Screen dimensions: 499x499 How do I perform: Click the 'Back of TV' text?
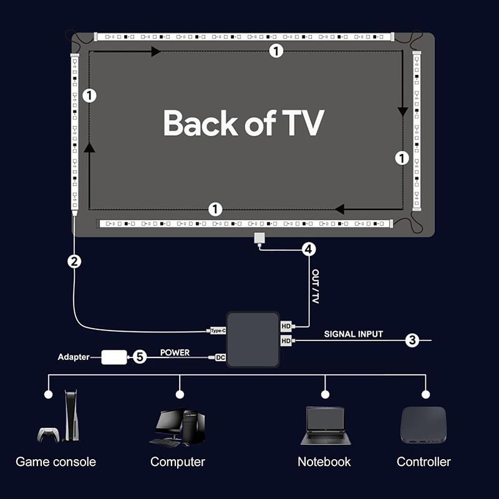point(244,123)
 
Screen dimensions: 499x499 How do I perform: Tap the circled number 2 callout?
point(75,262)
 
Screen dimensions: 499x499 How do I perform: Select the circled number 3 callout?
point(412,340)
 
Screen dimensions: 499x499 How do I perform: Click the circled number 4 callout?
point(308,249)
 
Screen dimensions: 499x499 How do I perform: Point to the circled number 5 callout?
point(140,357)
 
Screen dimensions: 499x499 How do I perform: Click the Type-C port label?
point(218,330)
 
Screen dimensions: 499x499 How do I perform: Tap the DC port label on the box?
point(220,357)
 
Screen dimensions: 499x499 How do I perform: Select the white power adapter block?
point(114,357)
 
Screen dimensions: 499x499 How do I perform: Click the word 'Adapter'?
point(73,357)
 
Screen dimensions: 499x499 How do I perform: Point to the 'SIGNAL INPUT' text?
point(353,334)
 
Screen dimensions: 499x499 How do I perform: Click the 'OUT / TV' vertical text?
point(315,287)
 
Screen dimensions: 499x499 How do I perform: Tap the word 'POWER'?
point(175,352)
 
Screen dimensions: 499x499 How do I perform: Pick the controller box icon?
point(424,425)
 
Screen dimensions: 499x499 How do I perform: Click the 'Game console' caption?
point(56,462)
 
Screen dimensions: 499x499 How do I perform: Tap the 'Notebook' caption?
point(324,462)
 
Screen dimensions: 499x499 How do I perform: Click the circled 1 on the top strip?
point(276,51)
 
